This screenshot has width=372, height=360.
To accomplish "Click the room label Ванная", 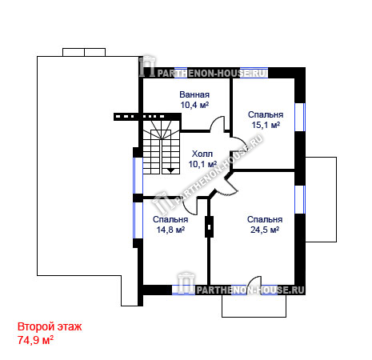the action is point(194,94).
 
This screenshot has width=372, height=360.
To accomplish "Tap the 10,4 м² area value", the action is point(194,105).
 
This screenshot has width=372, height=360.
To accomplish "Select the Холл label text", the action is point(202,154).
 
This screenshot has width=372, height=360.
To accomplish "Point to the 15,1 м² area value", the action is point(266,125).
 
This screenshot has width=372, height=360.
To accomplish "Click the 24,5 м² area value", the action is point(265,230).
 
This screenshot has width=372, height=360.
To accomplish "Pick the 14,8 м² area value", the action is point(170,230).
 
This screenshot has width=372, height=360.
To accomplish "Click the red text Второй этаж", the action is point(50,326).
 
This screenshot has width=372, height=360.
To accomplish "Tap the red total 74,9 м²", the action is point(35,340).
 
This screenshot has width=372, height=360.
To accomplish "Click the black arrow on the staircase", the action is point(170,170).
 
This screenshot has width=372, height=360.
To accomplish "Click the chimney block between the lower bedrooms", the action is point(209,227).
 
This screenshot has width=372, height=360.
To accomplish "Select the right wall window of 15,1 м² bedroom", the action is point(300,117).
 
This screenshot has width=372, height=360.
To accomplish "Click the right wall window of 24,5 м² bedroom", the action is point(300,199).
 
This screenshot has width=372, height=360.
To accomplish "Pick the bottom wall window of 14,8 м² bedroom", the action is point(183,290).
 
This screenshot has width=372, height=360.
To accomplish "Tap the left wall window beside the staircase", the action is point(138,175).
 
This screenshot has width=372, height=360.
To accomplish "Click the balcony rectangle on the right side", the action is point(321,199).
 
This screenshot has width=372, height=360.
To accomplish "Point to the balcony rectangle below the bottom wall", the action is point(254,306).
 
